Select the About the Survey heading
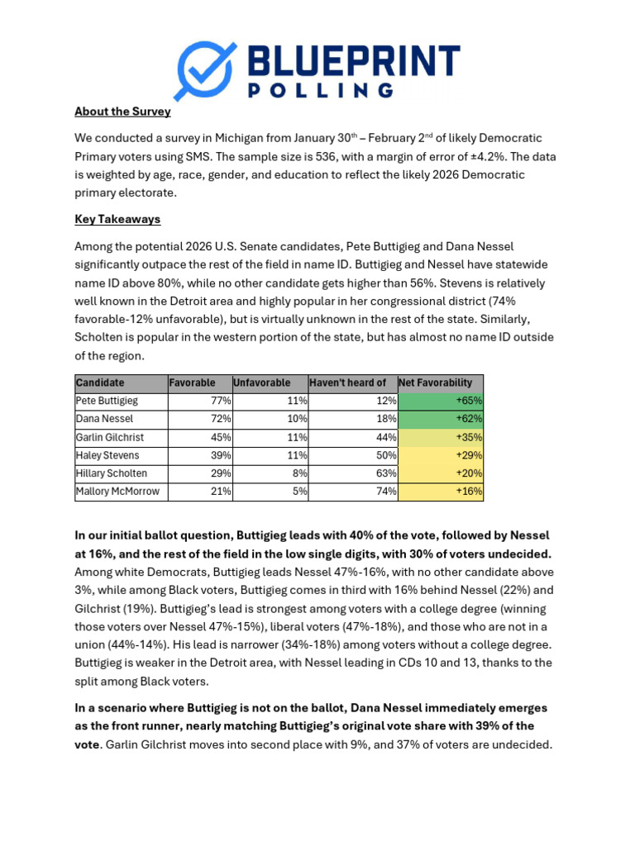[122, 112]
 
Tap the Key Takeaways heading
[117, 219]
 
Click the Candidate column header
[100, 383]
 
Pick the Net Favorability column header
[436, 383]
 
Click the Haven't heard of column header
[347, 383]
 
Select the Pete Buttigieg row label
[107, 401]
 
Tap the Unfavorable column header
[262, 383]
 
